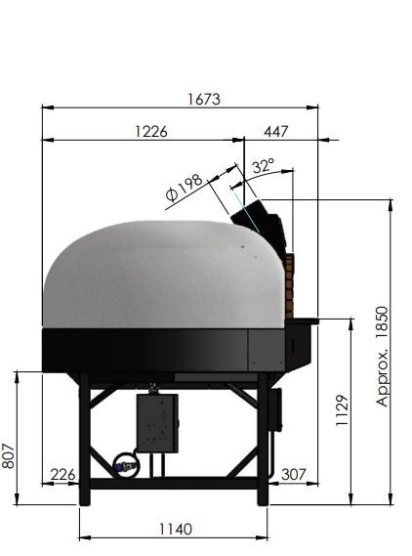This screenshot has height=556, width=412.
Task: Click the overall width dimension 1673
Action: pyautogui.click(x=204, y=100)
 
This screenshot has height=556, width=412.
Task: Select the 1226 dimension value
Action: pyautogui.click(x=151, y=132)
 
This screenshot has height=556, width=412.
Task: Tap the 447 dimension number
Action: pyautogui.click(x=276, y=132)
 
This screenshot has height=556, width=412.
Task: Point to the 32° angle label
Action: pyautogui.click(x=264, y=165)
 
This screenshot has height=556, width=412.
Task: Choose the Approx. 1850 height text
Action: pyautogui.click(x=383, y=357)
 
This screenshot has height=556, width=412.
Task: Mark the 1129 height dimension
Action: pyautogui.click(x=343, y=410)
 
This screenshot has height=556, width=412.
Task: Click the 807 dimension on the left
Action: pyautogui.click(x=8, y=455)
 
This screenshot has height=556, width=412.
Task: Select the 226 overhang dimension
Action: pyautogui.click(x=63, y=475)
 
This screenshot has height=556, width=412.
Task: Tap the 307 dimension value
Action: pyautogui.click(x=294, y=475)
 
